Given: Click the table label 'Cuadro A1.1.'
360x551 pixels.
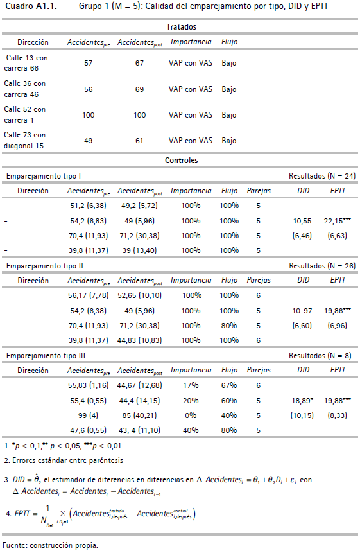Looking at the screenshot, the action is tap(31, 6).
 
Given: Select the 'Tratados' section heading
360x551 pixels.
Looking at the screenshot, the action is tap(181, 27).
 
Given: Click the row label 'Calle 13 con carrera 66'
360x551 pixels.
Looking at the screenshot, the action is tap(26, 63).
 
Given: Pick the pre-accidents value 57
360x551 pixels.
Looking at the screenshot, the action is tap(88, 63).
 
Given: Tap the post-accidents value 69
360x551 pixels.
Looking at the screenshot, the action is tap(139, 89).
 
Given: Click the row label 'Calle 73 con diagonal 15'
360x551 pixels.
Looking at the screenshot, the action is tap(24, 140).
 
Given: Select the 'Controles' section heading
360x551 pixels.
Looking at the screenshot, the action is tap(181, 161).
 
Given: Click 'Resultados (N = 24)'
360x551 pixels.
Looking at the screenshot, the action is tap(322, 176).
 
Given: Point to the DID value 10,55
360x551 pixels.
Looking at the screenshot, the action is tap(302, 221).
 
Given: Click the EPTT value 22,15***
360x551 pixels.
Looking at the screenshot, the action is tap(337, 221).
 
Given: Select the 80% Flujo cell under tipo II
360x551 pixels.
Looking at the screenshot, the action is tap(229, 326).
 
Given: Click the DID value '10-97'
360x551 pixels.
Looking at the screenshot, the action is tap(302, 311).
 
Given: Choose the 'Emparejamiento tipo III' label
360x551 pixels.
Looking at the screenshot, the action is tap(46, 356).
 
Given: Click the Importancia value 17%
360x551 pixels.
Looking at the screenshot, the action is tap(191, 385).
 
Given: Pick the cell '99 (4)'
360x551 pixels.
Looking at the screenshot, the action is tap(88, 415).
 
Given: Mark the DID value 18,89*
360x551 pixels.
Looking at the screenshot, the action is tap(302, 401).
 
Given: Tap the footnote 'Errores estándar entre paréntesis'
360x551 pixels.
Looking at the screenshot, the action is tap(67, 460).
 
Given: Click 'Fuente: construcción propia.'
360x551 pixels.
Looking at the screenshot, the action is tap(50, 545).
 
